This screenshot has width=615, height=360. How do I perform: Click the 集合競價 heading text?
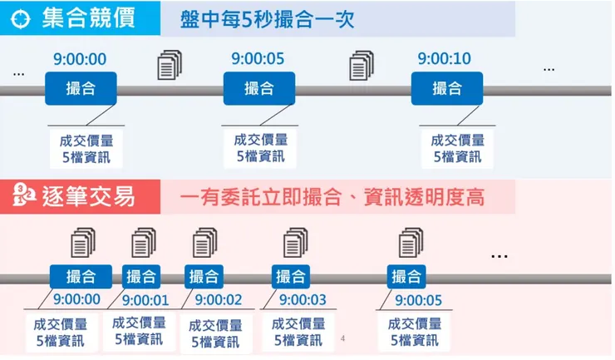pyautogui.click(x=88, y=19)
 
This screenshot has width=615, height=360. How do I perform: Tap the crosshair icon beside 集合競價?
pyautogui.click(x=23, y=19)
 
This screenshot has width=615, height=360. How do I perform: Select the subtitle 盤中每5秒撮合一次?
pyautogui.click(x=268, y=19)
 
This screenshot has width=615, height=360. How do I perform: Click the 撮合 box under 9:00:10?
pyautogui.click(x=446, y=88)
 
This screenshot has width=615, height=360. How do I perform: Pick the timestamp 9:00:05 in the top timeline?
pyautogui.click(x=257, y=58)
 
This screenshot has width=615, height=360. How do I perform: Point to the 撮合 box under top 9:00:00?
pyautogui.click(x=80, y=88)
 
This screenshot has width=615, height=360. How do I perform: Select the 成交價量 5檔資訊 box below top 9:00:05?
pyautogui.click(x=261, y=147)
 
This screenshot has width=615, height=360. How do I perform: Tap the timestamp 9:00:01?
pyautogui.click(x=145, y=300)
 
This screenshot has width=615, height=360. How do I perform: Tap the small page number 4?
pyautogui.click(x=342, y=338)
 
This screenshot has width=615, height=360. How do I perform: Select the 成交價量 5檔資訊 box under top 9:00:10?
pyautogui.click(x=457, y=148)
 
